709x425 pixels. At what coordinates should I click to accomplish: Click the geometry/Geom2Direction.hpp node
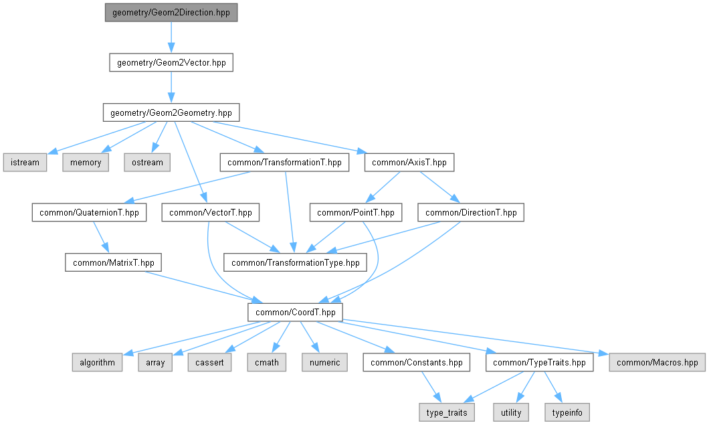click(x=171, y=13)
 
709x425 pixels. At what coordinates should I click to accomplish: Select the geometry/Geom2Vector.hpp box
click(x=171, y=63)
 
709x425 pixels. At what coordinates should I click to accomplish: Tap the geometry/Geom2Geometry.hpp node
click(x=171, y=112)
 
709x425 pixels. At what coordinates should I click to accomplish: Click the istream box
click(x=25, y=162)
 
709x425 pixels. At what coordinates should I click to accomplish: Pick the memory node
click(x=86, y=162)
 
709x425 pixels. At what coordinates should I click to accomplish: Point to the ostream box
click(x=146, y=162)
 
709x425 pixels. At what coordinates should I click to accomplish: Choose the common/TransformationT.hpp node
click(x=284, y=162)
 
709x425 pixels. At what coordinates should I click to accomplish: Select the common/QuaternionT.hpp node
click(x=89, y=213)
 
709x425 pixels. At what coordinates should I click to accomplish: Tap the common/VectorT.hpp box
click(x=211, y=213)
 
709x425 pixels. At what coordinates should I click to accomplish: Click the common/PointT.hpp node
click(x=355, y=213)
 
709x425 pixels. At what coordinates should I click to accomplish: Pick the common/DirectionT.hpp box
click(x=471, y=213)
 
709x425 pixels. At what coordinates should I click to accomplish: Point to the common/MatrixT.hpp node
click(x=114, y=262)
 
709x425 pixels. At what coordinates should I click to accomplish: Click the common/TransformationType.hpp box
click(x=295, y=262)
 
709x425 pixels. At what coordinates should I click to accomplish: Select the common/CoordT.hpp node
click(x=295, y=313)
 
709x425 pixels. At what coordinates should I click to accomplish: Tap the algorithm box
click(x=97, y=363)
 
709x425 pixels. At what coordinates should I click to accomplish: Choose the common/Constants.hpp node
click(x=416, y=363)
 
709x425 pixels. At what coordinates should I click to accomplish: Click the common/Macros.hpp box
click(x=657, y=363)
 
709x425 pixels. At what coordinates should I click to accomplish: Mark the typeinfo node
click(x=568, y=412)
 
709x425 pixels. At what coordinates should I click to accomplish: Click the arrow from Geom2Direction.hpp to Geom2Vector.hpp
click(x=171, y=37)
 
